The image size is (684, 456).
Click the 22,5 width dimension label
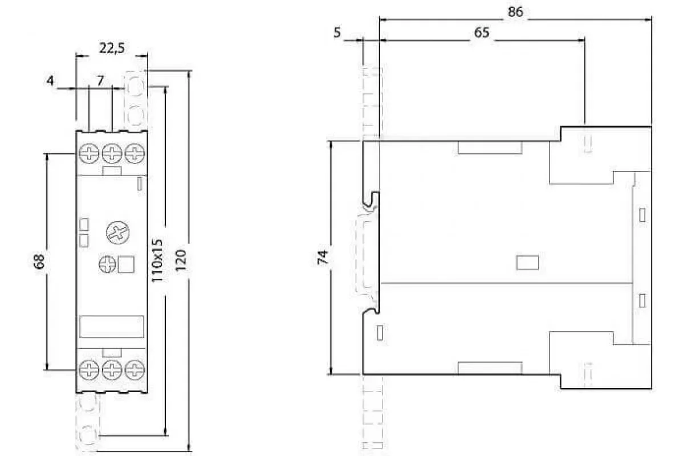point(112,48)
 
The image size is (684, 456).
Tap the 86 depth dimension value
point(515,12)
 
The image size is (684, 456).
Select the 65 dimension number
point(482,32)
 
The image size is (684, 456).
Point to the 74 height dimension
point(323,257)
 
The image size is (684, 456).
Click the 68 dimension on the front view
point(39,262)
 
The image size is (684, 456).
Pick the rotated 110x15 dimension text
point(157,260)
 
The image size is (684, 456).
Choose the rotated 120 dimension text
point(181,260)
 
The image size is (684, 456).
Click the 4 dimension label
point(50,80)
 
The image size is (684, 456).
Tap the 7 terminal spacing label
point(100,80)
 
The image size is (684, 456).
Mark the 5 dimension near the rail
point(337,32)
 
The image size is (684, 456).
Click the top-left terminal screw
point(89,153)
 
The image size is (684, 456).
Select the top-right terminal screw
point(135,153)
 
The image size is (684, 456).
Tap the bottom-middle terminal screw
point(112,370)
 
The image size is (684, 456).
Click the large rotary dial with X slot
point(117,233)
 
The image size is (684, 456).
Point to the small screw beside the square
point(108,264)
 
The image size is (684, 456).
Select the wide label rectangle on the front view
point(112,327)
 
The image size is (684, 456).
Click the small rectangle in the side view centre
point(528,263)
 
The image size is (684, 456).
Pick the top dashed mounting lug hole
point(136,84)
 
